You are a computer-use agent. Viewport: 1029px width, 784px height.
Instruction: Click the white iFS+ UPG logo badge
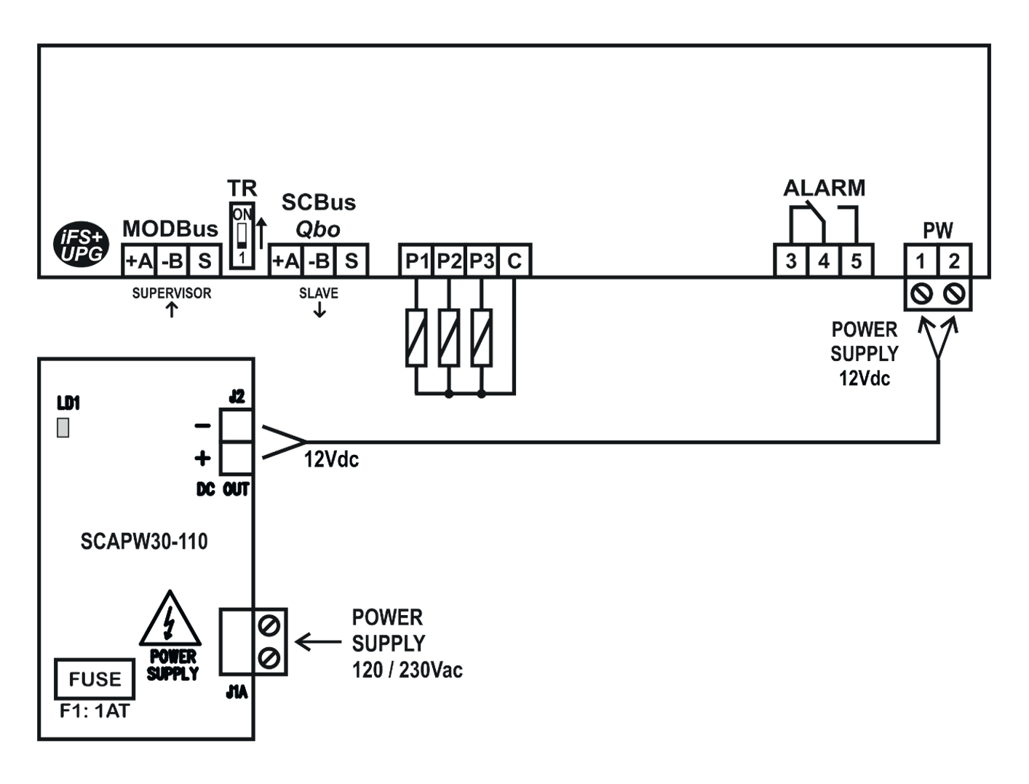coord(82,245)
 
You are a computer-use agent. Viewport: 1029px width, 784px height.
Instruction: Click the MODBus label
coord(172,230)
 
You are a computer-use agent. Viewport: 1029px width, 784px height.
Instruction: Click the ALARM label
coord(825,188)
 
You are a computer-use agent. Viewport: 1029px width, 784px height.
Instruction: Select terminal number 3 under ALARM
coord(790,262)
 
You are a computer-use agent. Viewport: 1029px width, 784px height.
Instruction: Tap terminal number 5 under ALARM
coord(859,262)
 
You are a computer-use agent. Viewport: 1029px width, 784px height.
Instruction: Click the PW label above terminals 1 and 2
coord(939,231)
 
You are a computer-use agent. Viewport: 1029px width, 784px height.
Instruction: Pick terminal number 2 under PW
coord(956,262)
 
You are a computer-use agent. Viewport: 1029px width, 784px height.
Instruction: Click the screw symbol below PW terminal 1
coord(921,293)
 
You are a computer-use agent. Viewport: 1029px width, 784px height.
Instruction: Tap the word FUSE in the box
coord(96,680)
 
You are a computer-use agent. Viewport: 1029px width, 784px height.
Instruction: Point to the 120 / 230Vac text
coord(408,670)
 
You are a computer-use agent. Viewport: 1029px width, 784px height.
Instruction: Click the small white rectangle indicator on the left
coord(63,427)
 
